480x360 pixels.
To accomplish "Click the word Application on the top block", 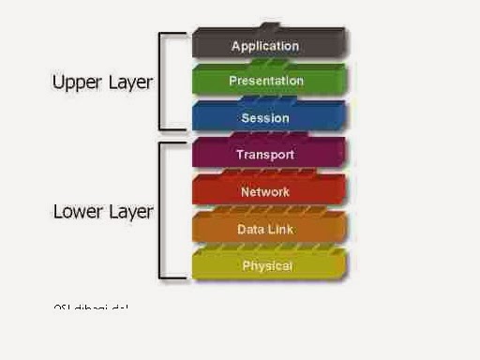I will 265,46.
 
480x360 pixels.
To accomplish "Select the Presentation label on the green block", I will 266,82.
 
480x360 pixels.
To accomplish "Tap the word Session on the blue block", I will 265,119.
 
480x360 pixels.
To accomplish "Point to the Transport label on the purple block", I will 265,155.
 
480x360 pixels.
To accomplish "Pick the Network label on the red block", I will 265,192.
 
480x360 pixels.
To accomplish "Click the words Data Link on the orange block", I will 265,229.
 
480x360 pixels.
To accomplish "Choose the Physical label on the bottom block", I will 267,266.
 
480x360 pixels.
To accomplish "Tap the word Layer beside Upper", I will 128,82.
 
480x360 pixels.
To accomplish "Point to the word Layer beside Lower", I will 128,212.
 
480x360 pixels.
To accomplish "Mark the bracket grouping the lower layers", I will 162,211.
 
